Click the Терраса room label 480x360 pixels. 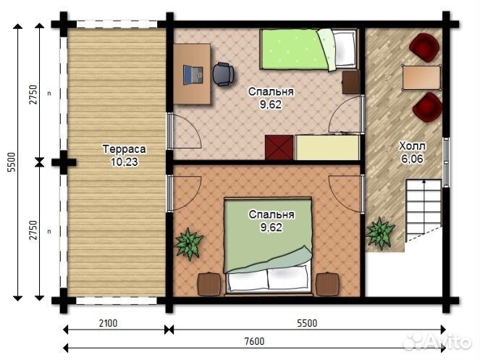(x=125, y=149)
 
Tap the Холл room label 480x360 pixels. (x=412, y=146)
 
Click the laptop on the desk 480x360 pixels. (x=193, y=75)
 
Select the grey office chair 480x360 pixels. (x=224, y=75)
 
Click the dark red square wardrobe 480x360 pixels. (x=279, y=148)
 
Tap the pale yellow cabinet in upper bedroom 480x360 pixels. (x=327, y=148)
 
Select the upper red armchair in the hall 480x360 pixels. (x=424, y=48)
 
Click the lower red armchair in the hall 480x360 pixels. (x=427, y=107)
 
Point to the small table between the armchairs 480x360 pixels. (x=421, y=78)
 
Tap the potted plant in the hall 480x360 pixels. (x=380, y=233)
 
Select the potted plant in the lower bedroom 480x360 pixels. (x=188, y=243)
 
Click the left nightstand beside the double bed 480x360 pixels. (x=209, y=285)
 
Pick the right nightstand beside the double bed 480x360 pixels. (x=327, y=285)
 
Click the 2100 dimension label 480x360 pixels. (x=108, y=323)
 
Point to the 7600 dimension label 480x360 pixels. (x=254, y=341)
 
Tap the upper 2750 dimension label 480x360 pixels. (x=33, y=95)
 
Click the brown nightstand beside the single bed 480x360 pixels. (x=351, y=82)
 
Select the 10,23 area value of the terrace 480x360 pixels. (x=125, y=162)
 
